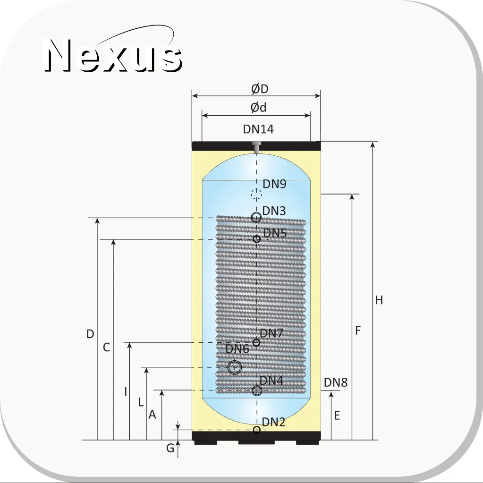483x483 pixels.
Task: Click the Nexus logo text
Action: coord(113,55)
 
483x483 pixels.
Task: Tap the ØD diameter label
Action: coord(260,89)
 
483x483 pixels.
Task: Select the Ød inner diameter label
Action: coord(258,108)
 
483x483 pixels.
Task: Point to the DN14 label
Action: coord(258,129)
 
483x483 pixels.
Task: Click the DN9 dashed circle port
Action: coord(256,194)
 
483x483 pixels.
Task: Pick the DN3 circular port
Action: coord(256,217)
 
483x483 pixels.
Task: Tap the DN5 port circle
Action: coord(256,239)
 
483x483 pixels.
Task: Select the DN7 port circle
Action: coord(256,342)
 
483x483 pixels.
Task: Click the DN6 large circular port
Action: coord(234,367)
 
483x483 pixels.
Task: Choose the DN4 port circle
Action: coord(256,390)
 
